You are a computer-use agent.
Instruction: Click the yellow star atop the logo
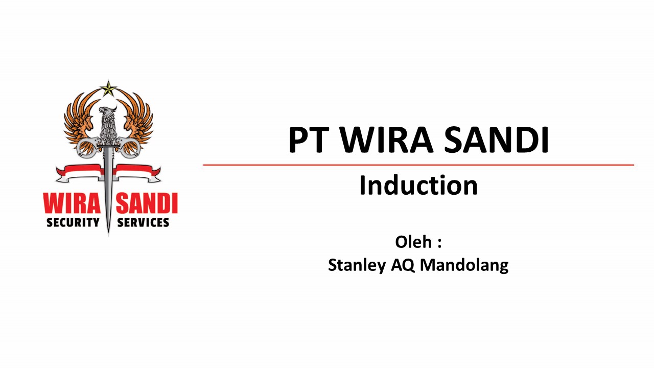[x=108, y=89]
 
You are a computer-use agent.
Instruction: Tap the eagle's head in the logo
[x=107, y=113]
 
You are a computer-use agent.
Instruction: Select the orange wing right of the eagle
[x=136, y=118]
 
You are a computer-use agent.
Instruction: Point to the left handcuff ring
[x=87, y=148]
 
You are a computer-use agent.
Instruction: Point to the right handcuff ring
[x=130, y=148]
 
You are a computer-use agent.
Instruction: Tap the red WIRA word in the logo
[x=71, y=204]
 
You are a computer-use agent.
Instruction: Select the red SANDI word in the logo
[x=147, y=204]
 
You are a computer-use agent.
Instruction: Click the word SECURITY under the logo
[x=73, y=222]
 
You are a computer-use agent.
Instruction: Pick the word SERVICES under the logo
[x=143, y=222]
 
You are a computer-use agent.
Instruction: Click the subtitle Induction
[x=418, y=186]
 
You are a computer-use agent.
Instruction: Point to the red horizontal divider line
[x=418, y=165]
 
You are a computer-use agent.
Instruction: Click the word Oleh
[x=413, y=242]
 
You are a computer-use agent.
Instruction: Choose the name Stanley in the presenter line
[x=356, y=265]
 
